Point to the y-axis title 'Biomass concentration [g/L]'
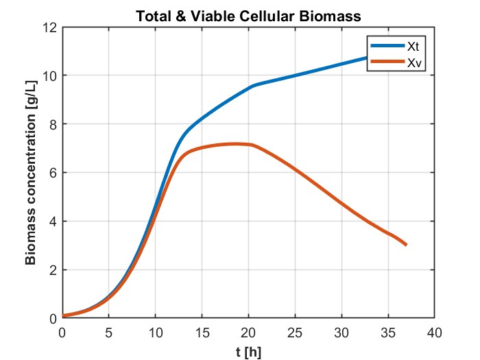coord(31,173)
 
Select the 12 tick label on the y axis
coord(49,27)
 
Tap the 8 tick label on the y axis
coord(51,124)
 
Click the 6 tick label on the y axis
coord(51,173)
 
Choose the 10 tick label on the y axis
coord(49,75)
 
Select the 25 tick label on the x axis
coord(295,333)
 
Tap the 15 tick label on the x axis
coord(202,333)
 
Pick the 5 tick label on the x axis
coord(108,333)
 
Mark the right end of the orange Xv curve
coord(407,245)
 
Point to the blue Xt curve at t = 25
coord(295,75)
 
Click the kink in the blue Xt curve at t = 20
coord(250,87)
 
